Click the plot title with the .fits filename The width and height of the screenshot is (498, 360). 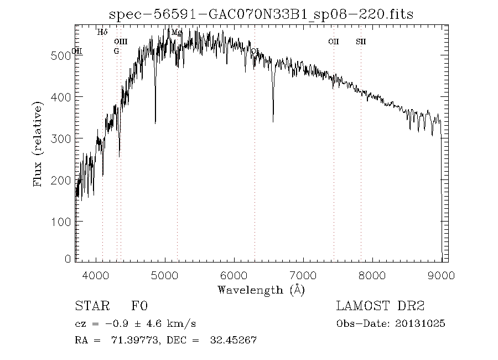pos(261,14)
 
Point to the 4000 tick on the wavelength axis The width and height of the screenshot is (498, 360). pos(96,274)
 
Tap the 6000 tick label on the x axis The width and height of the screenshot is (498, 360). pos(234,274)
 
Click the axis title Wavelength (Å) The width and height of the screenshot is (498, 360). pos(261,290)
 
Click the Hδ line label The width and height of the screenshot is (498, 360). pos(102,32)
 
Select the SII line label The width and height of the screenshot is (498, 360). pos(361,42)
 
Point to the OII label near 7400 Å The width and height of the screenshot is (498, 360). pos(333,42)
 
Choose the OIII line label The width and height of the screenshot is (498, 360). pos(121,42)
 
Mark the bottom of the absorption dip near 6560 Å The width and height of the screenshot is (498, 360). pos(273,121)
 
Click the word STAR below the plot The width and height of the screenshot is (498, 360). pos(90,306)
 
